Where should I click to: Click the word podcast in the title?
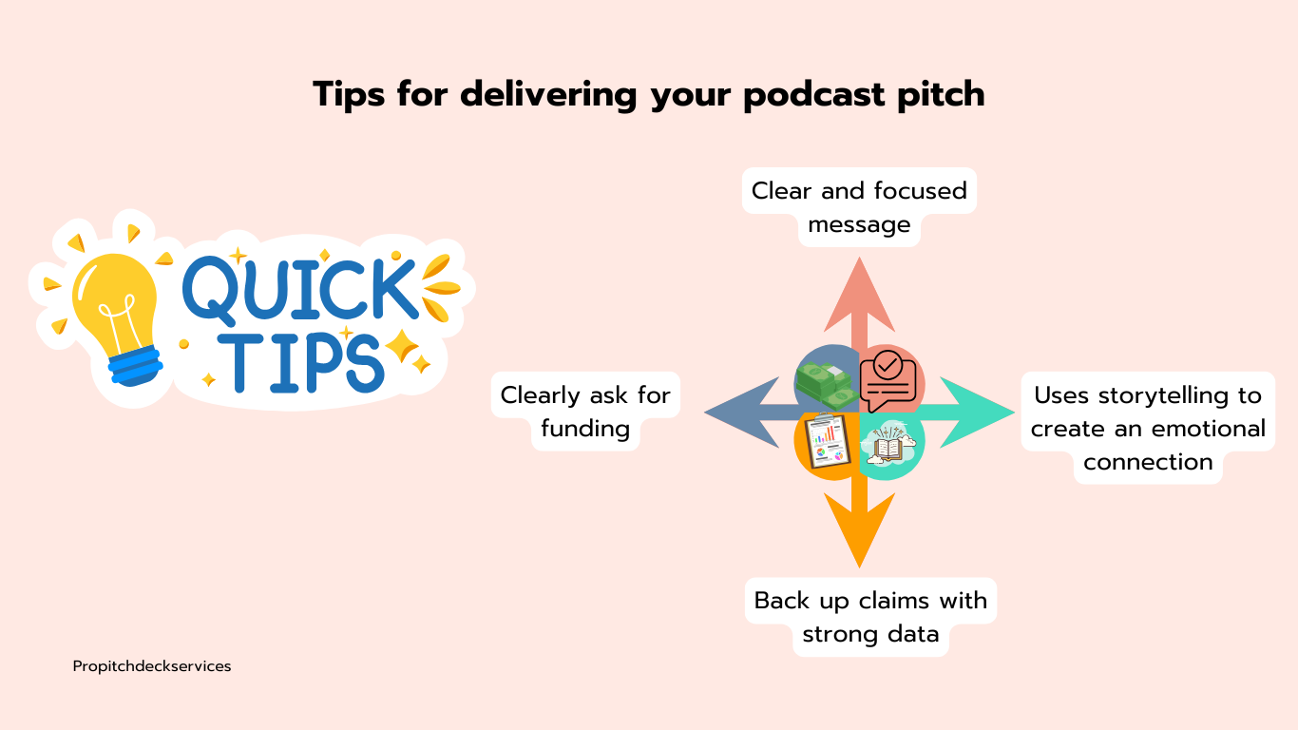pos(813,95)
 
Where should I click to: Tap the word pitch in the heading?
pos(941,95)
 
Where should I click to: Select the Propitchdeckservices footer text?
pos(152,667)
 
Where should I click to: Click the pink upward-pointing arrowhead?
pos(859,295)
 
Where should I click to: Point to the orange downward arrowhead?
pos(859,529)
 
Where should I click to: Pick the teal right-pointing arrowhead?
pos(977,413)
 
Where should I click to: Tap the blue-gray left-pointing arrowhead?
pos(742,413)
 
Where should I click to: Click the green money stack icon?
pos(827,384)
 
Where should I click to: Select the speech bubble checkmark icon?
pos(888,380)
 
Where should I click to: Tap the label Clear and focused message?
pos(859,207)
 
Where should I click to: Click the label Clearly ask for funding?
pos(585,412)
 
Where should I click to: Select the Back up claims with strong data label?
pos(870,617)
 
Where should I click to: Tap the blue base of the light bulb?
pos(136,365)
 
